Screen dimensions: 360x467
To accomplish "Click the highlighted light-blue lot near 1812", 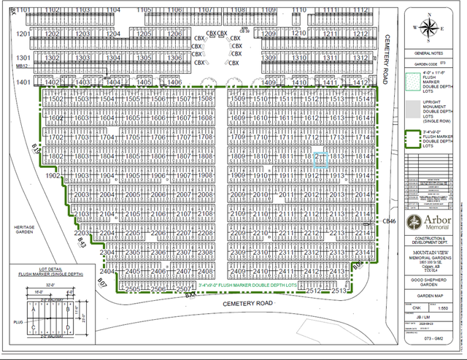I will (x=320, y=160).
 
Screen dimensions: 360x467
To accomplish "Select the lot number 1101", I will (x=24, y=9).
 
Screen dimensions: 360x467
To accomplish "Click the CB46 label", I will (x=388, y=221).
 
